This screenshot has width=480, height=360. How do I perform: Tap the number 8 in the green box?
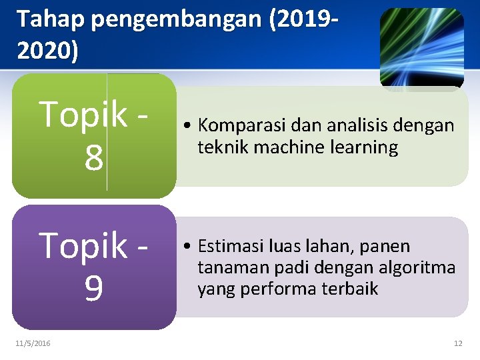pos(93,159)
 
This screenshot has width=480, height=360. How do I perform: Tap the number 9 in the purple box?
pos(93,289)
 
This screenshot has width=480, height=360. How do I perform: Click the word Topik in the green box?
pos(83,115)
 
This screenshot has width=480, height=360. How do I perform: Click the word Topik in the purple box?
pos(83,246)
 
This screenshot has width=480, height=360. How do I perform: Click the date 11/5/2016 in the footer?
pos(33,343)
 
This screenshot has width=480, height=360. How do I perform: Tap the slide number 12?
pos(457,343)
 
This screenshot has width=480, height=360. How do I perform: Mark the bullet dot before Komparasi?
pos(190,126)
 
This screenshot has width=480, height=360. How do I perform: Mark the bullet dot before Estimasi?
pos(190,247)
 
